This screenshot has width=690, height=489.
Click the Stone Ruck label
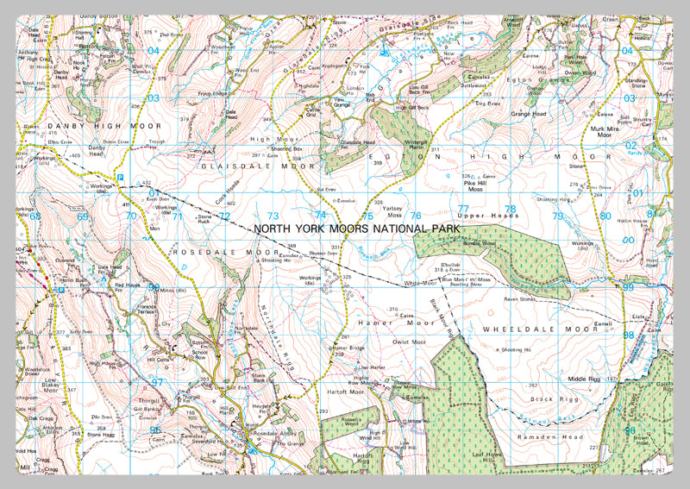click(x=204, y=220)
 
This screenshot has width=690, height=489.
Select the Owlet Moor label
click(x=386, y=342)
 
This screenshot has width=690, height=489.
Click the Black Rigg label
click(x=548, y=399)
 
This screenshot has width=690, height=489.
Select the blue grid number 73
click(x=274, y=216)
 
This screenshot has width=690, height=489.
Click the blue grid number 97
click(x=156, y=380)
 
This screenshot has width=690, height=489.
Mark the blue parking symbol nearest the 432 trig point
click(x=120, y=177)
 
